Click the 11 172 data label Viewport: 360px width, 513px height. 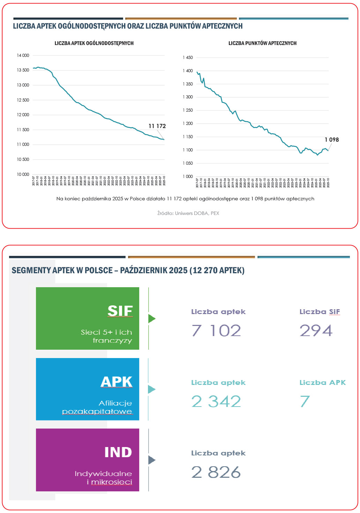tap(157, 126)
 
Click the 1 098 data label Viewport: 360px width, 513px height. tap(331, 140)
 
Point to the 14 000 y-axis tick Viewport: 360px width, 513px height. tap(23, 55)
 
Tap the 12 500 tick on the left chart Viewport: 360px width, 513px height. tap(23, 100)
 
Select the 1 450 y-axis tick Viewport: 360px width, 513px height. tap(188, 58)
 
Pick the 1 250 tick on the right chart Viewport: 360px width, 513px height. tap(188, 110)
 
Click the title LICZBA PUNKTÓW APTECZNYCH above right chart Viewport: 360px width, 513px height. tap(262, 43)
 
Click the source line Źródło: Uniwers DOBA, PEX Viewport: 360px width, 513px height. tap(188, 213)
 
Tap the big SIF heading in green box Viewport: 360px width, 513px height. tap(120, 311)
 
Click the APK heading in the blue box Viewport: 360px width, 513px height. tap(117, 382)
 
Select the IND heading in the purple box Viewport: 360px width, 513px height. tap(118, 452)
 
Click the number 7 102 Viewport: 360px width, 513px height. tap(216, 330)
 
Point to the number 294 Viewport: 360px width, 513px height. tap(316, 330)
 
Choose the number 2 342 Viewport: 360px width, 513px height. tap(216, 401)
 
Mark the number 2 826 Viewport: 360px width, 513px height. tap(216, 472)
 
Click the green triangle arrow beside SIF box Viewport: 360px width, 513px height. tap(151, 319)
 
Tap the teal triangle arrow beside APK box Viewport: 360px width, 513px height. tap(151, 389)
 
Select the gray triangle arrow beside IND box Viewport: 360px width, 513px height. tap(151, 460)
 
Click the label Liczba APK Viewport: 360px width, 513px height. tap(322, 382)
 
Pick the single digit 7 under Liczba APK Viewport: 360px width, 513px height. tap(305, 401)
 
